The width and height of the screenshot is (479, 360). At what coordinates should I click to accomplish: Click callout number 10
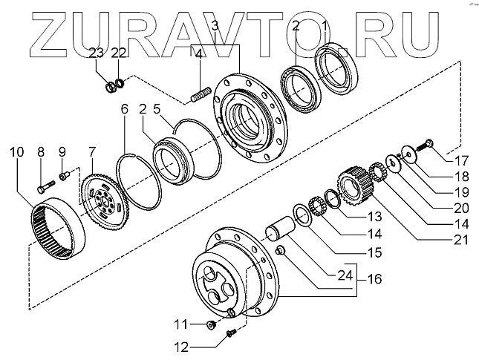16,153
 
